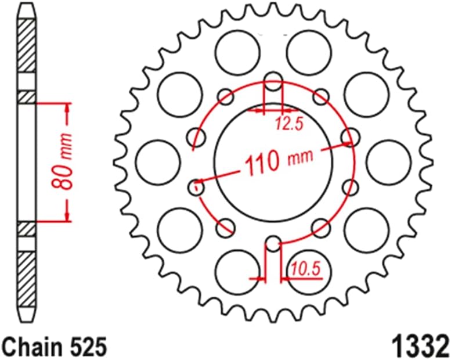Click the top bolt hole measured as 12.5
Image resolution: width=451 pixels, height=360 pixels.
[273, 82]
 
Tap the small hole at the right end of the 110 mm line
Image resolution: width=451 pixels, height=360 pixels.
[348, 137]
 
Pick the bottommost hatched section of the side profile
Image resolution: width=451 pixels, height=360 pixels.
[26, 281]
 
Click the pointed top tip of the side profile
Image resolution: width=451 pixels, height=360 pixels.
[26, 5]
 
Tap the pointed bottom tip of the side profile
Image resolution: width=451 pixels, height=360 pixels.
[26, 321]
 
